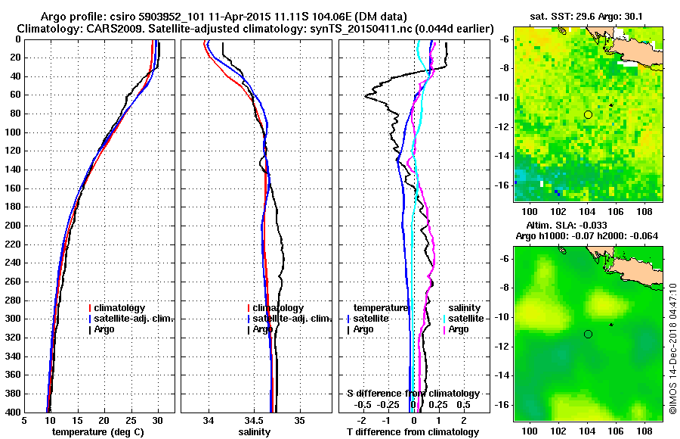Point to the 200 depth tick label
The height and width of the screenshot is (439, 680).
pos(13,226)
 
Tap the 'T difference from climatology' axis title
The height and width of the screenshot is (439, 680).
pos(413,432)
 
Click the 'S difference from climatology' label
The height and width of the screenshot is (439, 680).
pos(413,394)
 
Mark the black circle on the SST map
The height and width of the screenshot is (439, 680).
pos(588,114)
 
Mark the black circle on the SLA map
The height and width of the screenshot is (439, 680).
pos(588,334)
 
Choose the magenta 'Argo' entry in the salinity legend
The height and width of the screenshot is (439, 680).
pos(459,329)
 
